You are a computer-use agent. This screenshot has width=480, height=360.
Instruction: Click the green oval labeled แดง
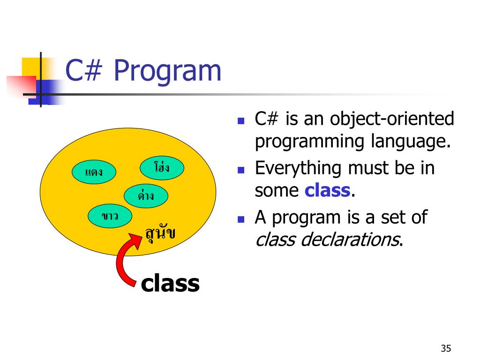tap(94, 172)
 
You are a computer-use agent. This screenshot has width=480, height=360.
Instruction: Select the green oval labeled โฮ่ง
tap(162, 168)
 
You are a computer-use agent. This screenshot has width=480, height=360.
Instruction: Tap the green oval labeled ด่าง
tap(146, 196)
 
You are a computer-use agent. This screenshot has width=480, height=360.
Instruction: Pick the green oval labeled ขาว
tap(110, 216)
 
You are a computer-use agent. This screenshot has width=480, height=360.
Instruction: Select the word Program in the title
tap(167, 71)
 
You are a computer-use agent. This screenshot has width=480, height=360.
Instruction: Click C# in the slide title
tap(83, 70)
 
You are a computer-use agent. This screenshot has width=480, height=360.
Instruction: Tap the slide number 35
tap(446, 348)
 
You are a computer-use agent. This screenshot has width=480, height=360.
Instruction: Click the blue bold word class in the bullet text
tap(327, 190)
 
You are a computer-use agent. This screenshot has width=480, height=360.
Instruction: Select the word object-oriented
tap(392, 119)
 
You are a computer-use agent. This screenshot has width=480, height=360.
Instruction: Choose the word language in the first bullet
tap(411, 142)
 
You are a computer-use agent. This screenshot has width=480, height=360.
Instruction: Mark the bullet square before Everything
tap(241, 170)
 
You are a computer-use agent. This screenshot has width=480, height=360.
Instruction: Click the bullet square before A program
tap(241, 219)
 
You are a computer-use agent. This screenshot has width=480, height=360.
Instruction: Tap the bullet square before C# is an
tap(241, 120)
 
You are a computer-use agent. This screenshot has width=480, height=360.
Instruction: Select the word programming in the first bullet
tap(309, 142)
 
